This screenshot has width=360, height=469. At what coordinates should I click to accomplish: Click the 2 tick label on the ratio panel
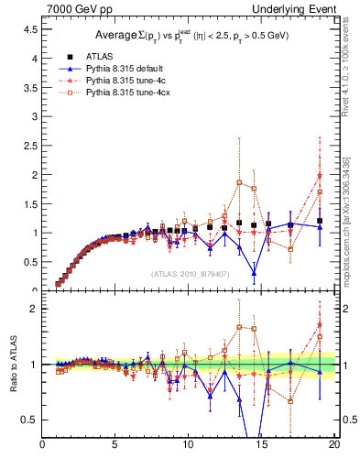tap(32, 309)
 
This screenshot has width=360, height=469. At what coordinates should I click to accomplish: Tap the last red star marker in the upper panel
tap(320, 176)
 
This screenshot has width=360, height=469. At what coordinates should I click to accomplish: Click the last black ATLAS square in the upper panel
tap(320, 221)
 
